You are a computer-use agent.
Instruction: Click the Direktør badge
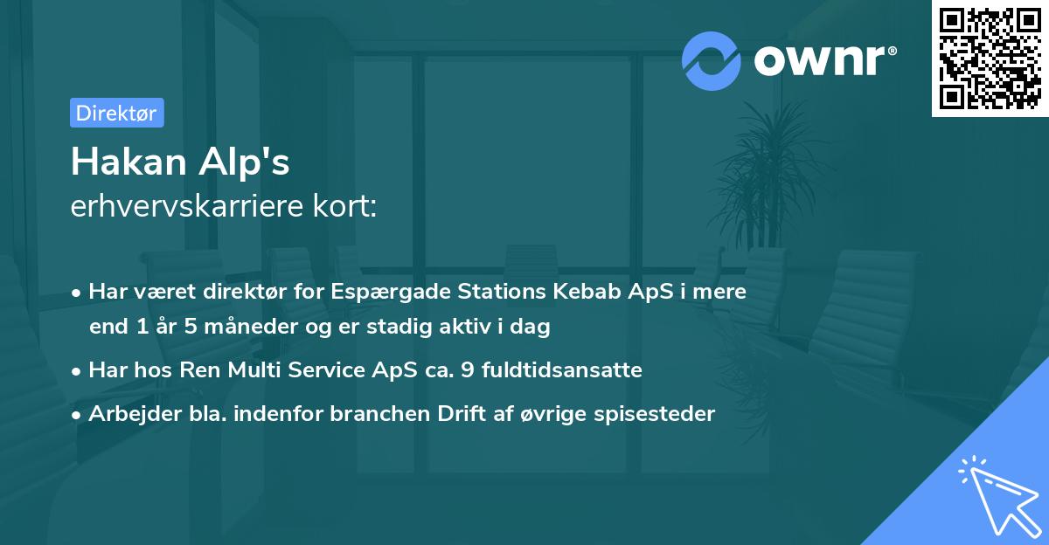pos(116,113)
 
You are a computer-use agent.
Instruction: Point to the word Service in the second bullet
pos(332,370)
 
